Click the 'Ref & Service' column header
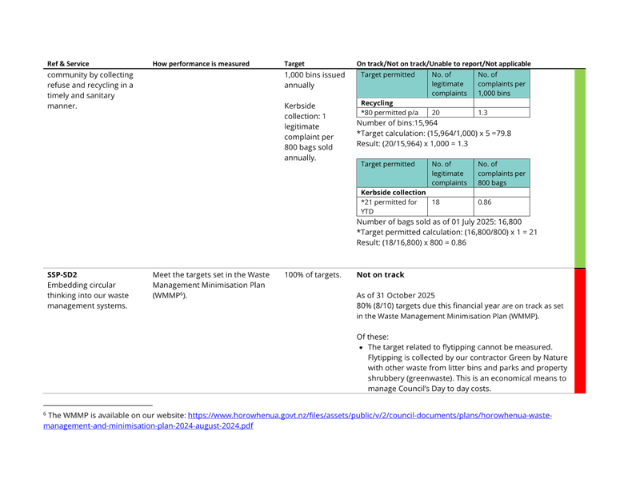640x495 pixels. click(68, 64)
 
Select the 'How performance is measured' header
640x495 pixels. click(201, 64)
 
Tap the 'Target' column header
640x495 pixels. click(294, 64)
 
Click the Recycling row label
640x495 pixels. click(377, 103)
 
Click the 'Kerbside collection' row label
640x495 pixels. click(393, 192)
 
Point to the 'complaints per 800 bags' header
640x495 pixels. click(502, 174)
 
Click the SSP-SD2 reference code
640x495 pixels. click(62, 274)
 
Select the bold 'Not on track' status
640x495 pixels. click(381, 274)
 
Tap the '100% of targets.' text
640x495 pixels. click(313, 274)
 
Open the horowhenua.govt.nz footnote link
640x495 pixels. click(370, 415)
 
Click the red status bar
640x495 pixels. click(580, 331)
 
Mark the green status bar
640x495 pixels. click(580, 169)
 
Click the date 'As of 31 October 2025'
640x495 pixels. click(395, 295)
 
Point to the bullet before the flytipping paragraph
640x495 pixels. click(361, 348)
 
